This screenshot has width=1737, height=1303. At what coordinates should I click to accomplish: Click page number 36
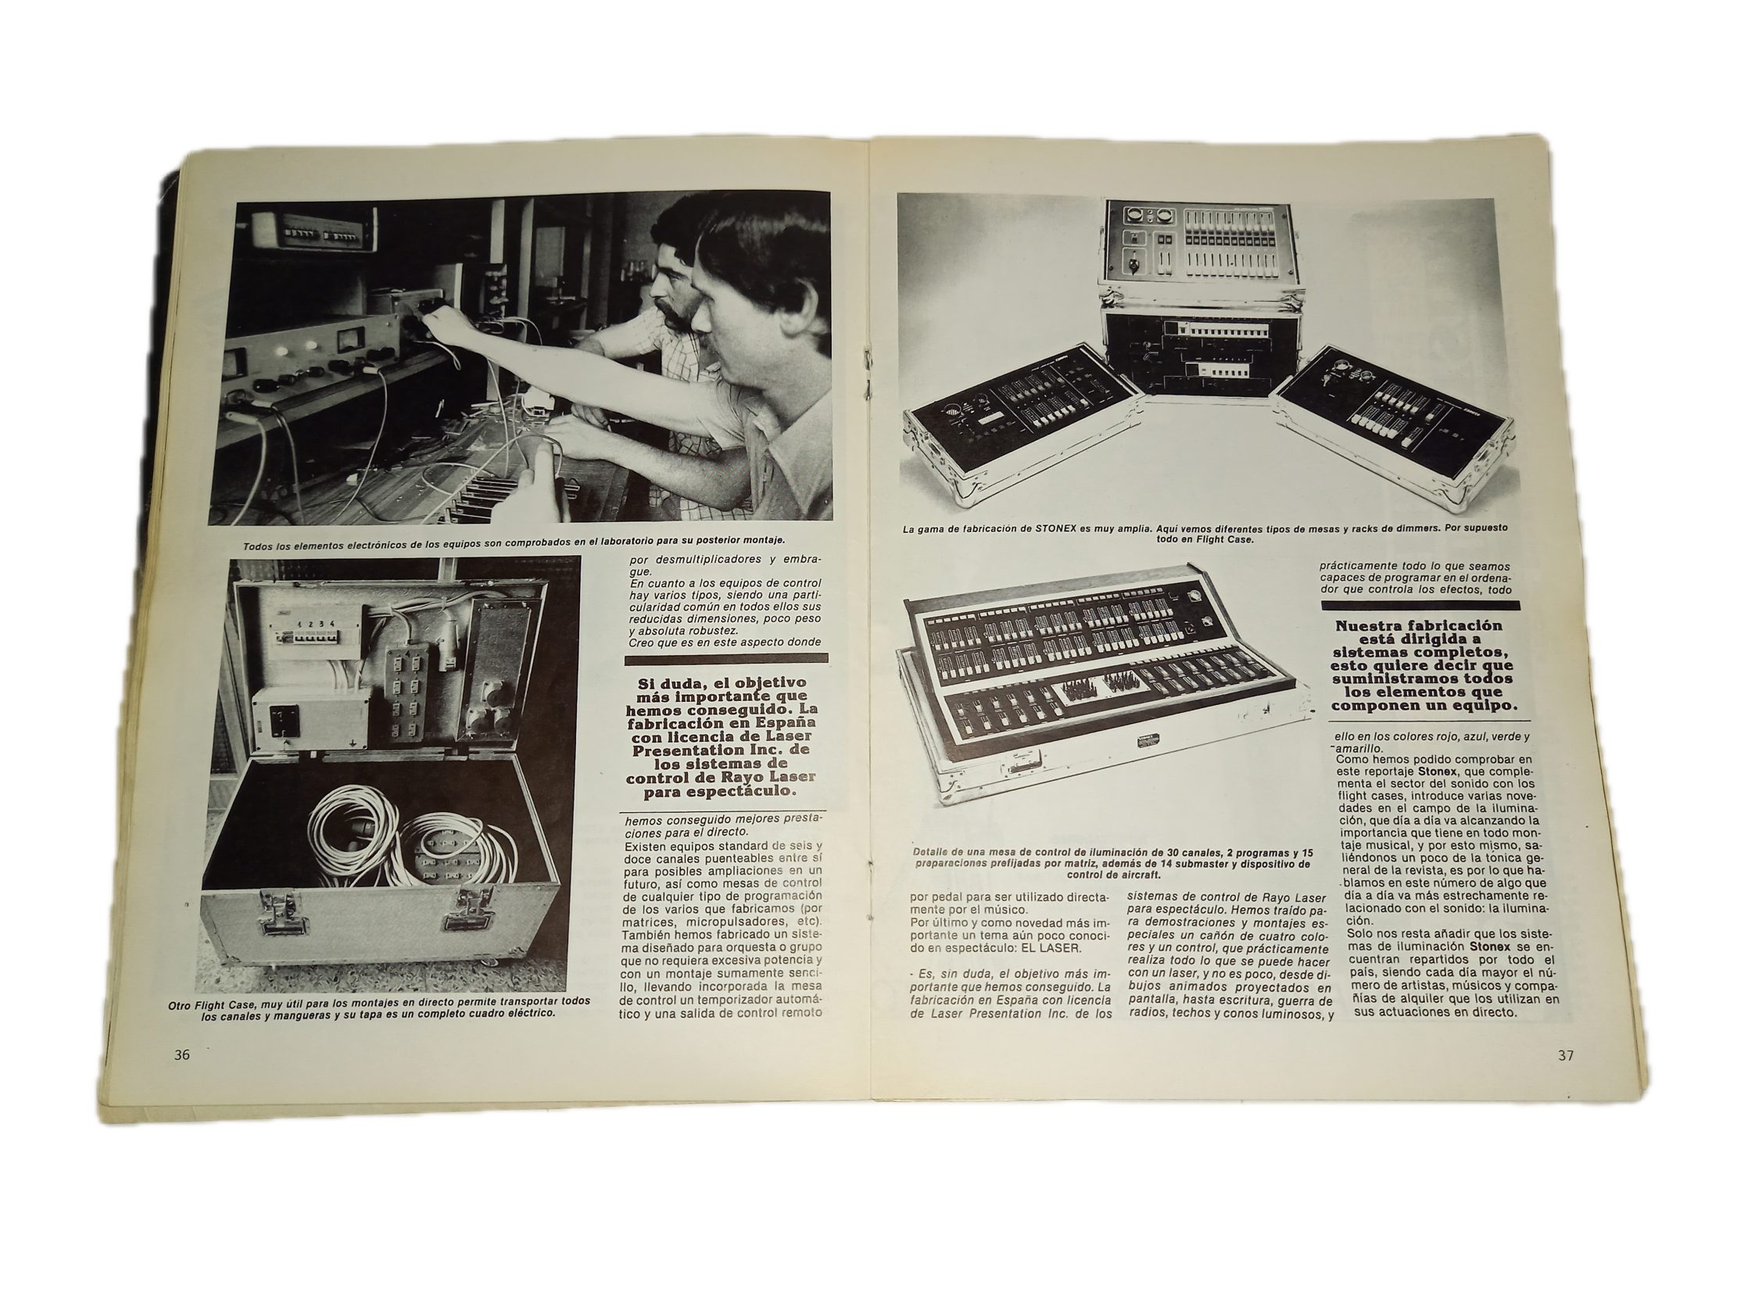182,1055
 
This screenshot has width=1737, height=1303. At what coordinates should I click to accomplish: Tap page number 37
1566,1055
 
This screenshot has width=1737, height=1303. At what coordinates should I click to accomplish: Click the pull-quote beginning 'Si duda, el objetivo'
722,736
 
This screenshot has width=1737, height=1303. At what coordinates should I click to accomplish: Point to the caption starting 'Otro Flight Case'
378,1007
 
